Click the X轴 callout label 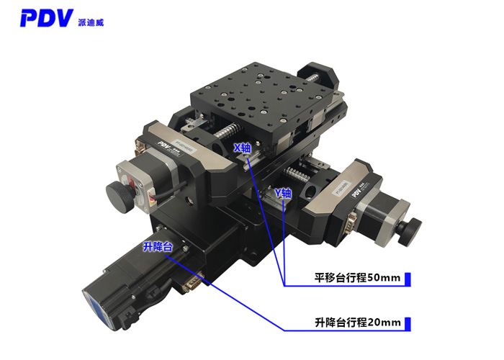point(243,147)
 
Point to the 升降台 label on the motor point(158,247)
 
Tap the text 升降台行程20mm point(357,322)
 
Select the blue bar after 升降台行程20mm point(407,322)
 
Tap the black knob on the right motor point(411,228)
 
